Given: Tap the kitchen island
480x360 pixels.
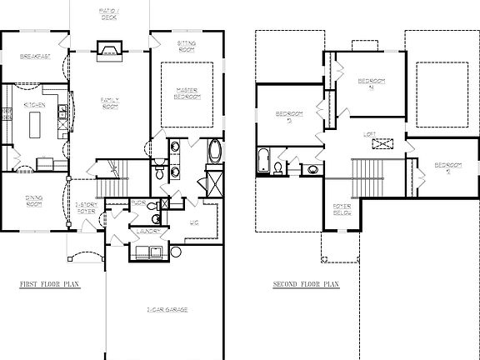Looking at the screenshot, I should (36, 126).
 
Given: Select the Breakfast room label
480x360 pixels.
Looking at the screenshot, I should (34, 57).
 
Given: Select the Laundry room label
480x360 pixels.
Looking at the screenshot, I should (149, 231).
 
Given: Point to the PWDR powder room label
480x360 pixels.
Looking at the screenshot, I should (139, 202).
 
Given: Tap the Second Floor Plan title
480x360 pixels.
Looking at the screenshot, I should (306, 284).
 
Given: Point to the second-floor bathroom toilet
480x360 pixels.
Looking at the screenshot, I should (277, 168).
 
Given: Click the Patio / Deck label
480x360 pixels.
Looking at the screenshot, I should (110, 12).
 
